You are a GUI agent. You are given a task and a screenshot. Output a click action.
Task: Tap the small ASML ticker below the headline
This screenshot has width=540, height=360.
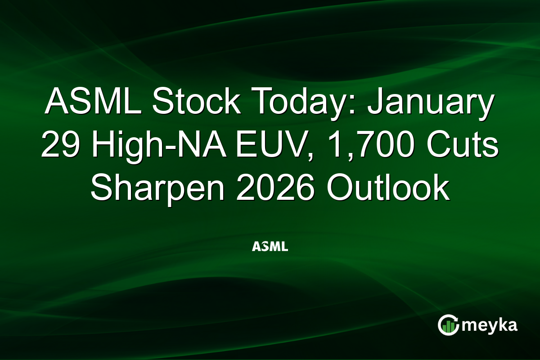pos(270,247)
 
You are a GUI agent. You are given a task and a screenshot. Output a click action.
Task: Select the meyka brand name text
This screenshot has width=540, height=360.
pos(490,325)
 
